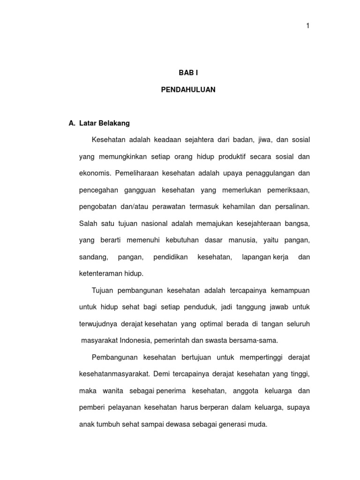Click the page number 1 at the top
[x=308, y=26]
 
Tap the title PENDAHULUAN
[x=188, y=90]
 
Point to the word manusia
[x=243, y=240]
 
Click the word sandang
[x=94, y=257]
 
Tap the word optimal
[x=215, y=324]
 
